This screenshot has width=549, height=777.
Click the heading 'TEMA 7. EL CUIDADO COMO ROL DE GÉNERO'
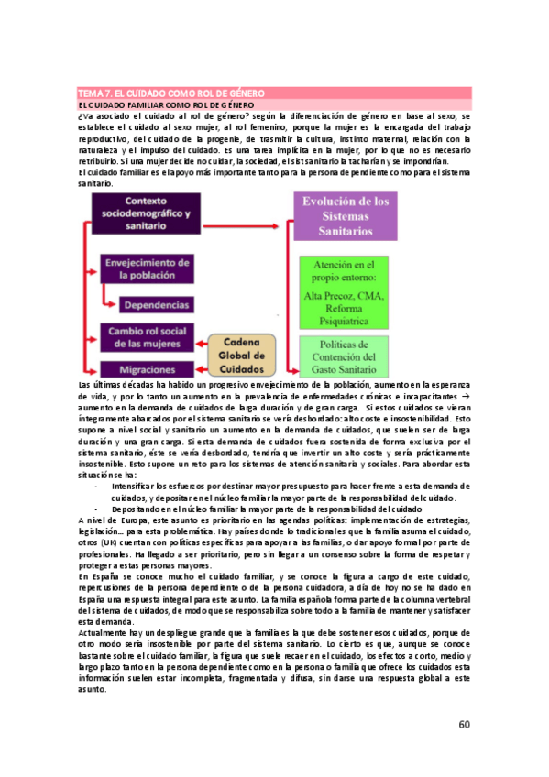tap(170, 93)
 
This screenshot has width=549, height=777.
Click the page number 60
tap(465, 725)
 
